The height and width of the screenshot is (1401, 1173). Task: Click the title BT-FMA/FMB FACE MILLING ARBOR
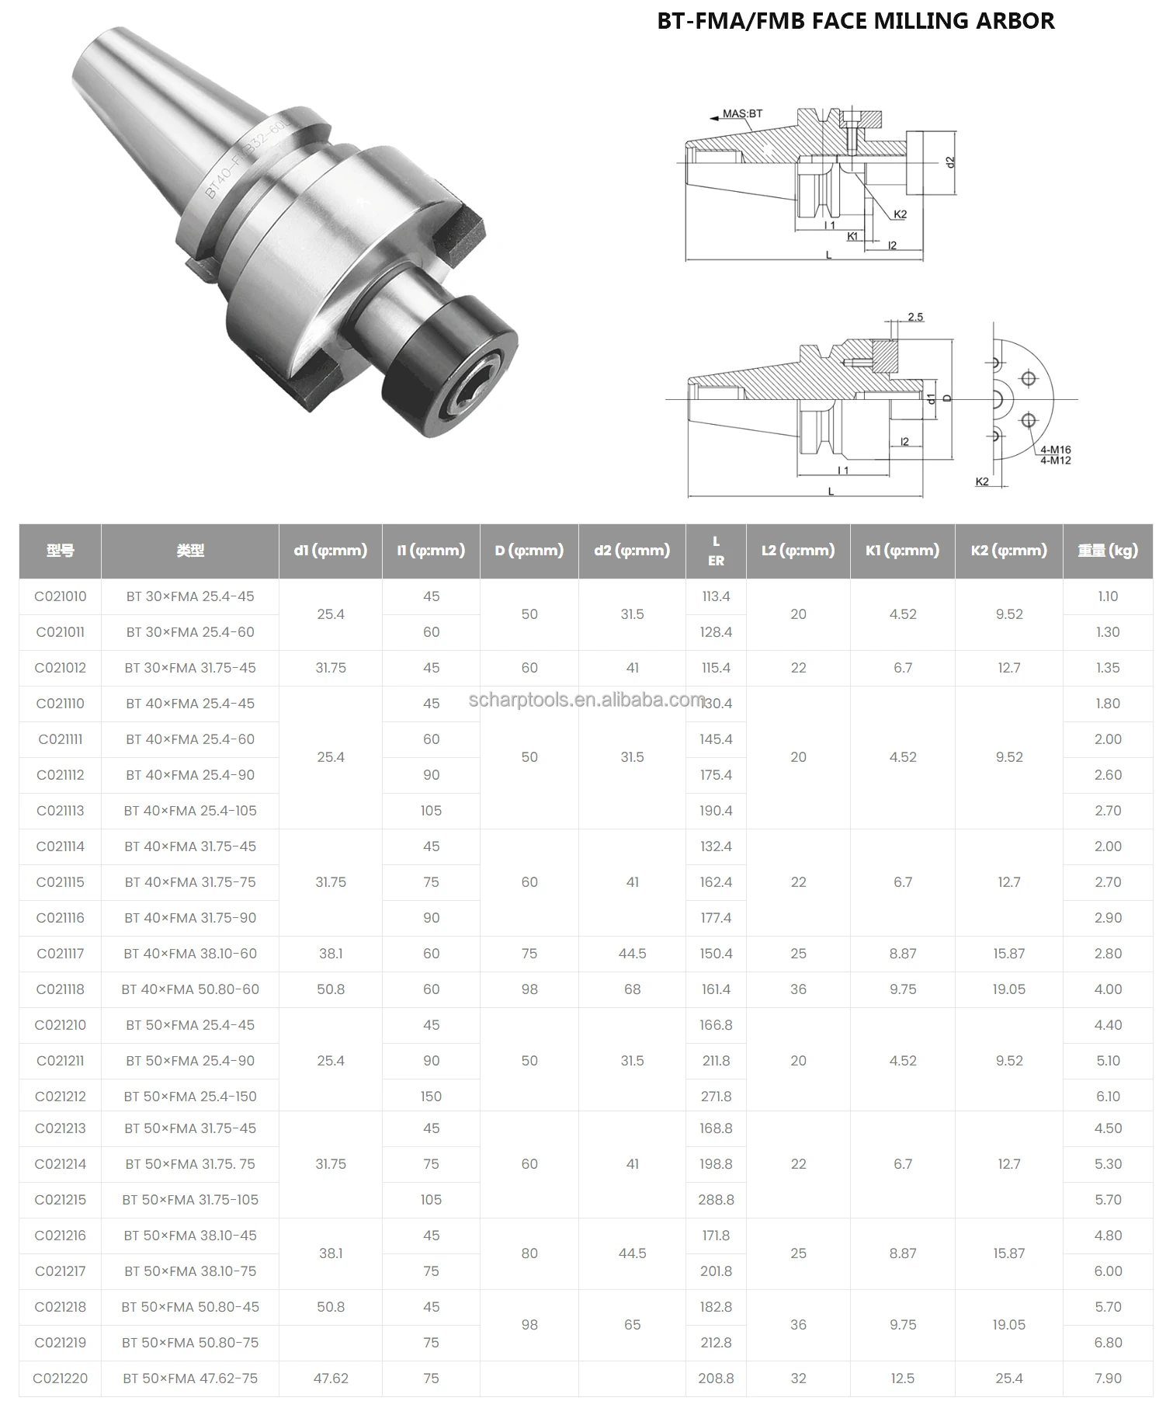tap(855, 21)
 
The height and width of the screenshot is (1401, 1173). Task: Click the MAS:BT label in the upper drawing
tap(742, 113)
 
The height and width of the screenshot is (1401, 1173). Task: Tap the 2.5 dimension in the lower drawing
tap(914, 317)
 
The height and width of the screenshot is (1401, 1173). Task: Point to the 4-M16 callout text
tap(1055, 450)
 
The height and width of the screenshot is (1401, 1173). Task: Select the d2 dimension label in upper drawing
tap(950, 162)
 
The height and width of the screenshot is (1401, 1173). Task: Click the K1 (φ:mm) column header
tap(902, 551)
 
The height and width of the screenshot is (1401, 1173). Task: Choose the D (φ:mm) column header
tap(529, 551)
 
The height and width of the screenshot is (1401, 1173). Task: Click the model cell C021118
tap(61, 989)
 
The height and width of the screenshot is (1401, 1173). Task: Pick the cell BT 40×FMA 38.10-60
tap(190, 954)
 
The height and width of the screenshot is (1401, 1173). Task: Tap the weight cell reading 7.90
tap(1107, 1378)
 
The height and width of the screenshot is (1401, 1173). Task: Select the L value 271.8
tap(715, 1097)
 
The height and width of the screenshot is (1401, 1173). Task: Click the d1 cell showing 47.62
tap(331, 1378)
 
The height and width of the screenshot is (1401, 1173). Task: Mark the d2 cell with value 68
tap(632, 989)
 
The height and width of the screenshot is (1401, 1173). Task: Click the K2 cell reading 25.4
tap(1008, 1378)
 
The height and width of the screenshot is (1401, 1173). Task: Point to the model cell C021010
tap(61, 596)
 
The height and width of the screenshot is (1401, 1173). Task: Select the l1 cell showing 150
tap(431, 1097)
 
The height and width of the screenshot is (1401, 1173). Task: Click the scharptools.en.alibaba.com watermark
tap(587, 700)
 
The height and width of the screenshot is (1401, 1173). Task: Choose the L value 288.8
tap(715, 1200)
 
